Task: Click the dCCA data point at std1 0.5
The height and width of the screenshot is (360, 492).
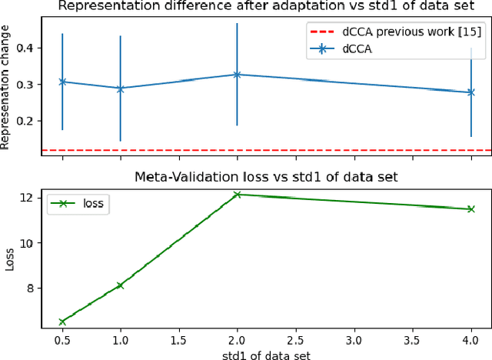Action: (62, 82)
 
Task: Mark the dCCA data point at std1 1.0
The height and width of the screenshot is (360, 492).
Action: (120, 88)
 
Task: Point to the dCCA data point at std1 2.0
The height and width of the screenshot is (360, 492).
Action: (237, 75)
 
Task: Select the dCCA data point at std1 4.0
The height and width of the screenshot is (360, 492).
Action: (470, 92)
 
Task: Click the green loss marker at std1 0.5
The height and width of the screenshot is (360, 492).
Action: (62, 322)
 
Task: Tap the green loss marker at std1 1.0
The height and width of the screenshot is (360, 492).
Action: (120, 285)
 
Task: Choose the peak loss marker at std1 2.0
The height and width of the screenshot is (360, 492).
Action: (237, 195)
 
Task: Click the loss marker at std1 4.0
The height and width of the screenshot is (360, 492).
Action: (470, 208)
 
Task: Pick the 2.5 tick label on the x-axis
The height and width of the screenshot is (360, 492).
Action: (295, 338)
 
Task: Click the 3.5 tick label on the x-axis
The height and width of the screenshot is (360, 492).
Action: (412, 338)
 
